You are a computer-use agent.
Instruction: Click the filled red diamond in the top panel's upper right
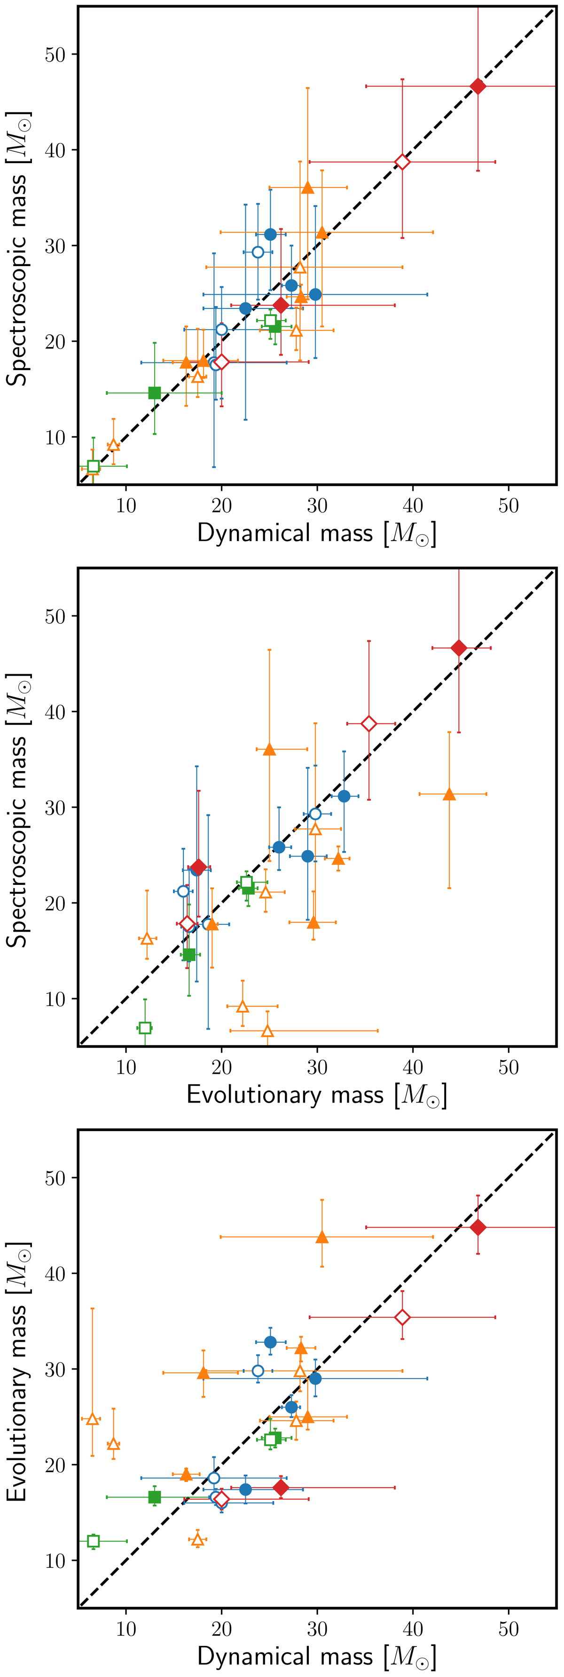point(478,86)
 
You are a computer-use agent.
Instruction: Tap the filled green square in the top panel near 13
point(154,393)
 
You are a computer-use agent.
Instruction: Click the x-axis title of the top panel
point(317,534)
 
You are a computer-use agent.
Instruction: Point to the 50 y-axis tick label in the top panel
point(55,55)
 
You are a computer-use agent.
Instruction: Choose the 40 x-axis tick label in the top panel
point(413,506)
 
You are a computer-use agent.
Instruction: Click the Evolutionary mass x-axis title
point(317,1095)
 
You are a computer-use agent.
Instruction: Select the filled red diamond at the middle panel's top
point(459,648)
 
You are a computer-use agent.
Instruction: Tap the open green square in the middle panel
point(145,1028)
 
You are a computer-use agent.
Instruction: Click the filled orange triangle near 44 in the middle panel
point(449,794)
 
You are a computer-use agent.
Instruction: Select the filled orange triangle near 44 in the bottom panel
point(322,1237)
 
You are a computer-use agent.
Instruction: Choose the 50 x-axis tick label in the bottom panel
point(509,1629)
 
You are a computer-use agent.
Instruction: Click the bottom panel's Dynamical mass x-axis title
point(317,1656)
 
